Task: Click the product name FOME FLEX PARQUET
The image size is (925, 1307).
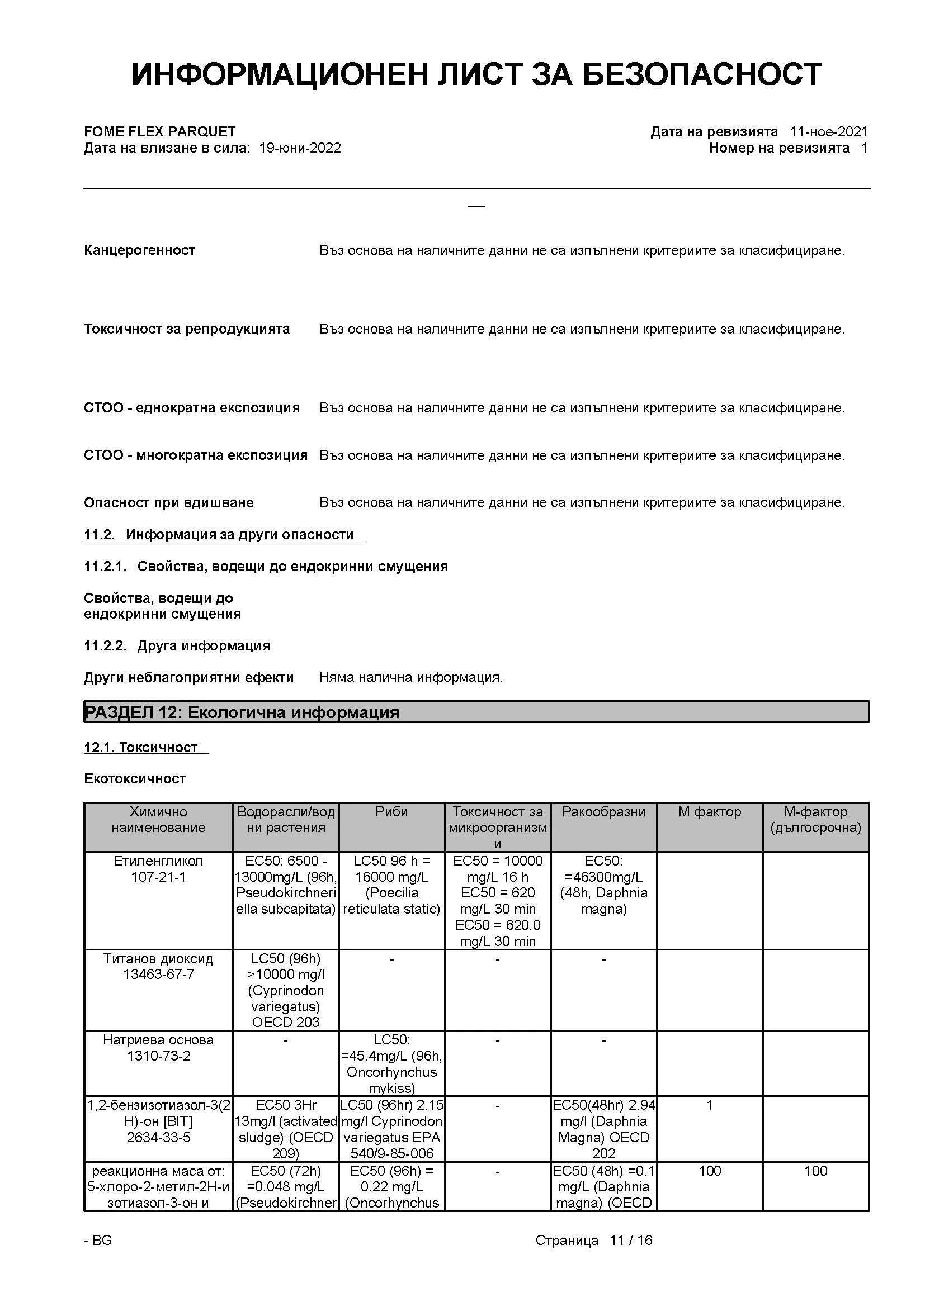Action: click(159, 132)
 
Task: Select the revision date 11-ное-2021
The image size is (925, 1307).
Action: click(828, 132)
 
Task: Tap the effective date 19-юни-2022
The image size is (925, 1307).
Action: click(300, 149)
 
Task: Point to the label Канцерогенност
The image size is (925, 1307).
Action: click(140, 250)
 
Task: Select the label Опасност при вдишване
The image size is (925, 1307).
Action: click(168, 503)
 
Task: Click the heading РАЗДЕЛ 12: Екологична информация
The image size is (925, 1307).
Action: click(242, 712)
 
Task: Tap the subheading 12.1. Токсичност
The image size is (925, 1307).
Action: click(141, 748)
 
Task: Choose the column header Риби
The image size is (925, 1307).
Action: click(391, 812)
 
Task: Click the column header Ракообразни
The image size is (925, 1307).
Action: click(604, 812)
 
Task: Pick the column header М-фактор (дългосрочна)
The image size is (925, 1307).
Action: click(815, 820)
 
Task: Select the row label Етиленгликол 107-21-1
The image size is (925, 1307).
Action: click(158, 869)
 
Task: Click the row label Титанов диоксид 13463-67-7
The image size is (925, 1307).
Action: click(158, 967)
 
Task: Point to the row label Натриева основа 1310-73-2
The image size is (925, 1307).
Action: click(158, 1048)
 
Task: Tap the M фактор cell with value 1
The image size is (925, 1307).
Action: click(710, 1105)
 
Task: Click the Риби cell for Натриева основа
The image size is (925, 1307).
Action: click(391, 1064)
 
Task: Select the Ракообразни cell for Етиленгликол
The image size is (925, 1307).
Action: click(604, 885)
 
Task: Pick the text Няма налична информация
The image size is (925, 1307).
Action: click(410, 677)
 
